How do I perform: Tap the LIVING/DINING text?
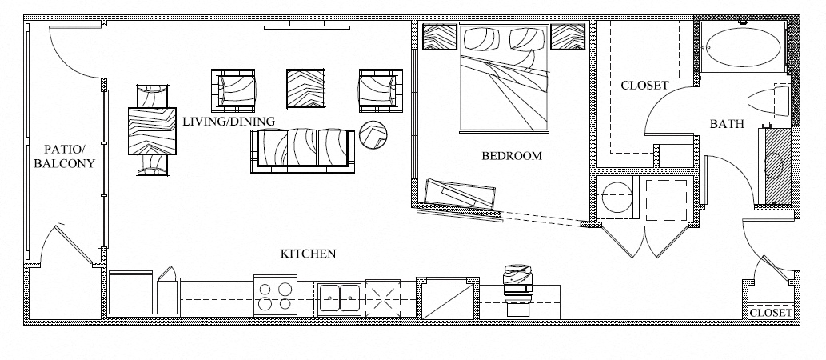(229, 122)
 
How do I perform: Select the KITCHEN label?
(308, 254)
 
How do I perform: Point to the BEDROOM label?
(512, 155)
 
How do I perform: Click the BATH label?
(727, 124)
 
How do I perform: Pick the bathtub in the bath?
(744, 47)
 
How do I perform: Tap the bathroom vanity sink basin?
(775, 166)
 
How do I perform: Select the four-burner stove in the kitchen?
(276, 296)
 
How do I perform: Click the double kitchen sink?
(340, 298)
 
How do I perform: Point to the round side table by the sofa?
(373, 135)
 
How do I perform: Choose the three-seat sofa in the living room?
(302, 150)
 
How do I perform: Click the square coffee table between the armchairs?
(305, 89)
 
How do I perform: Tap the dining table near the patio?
(152, 130)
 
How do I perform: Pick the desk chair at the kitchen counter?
(518, 289)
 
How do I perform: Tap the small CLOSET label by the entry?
(771, 313)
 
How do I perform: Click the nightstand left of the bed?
(439, 36)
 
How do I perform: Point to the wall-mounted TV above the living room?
(306, 27)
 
